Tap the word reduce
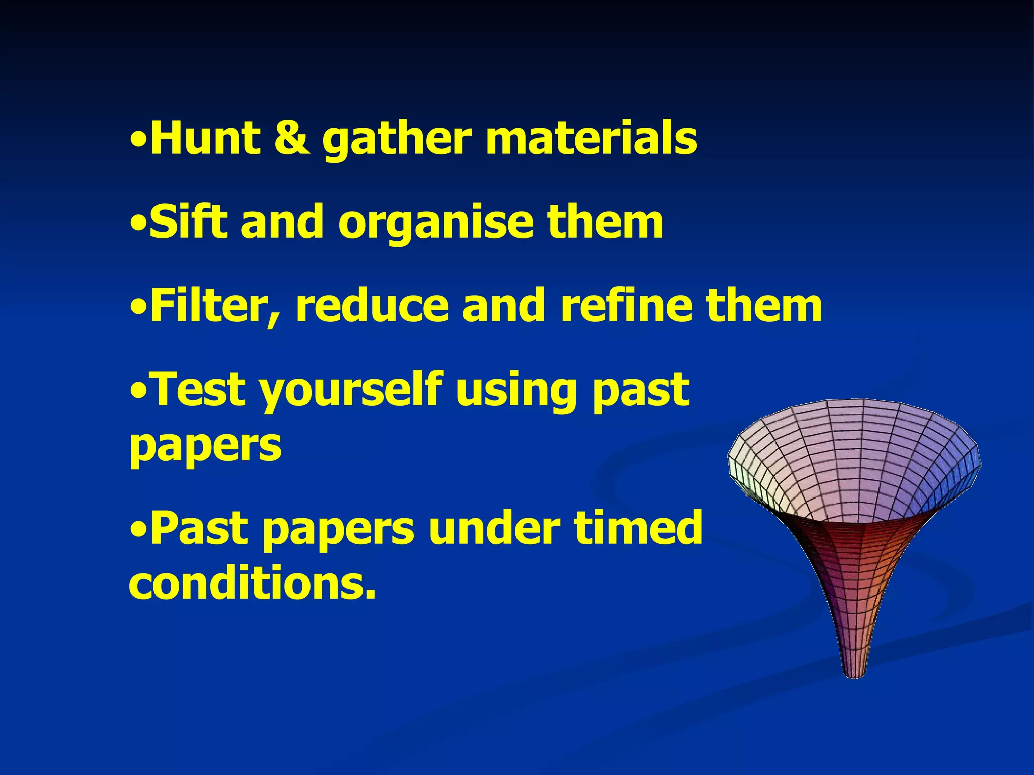click(372, 306)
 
